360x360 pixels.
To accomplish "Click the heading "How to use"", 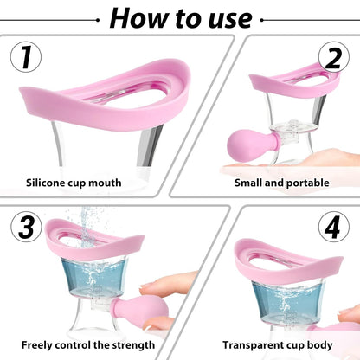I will (x=181, y=16).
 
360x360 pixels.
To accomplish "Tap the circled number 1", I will (x=27, y=58).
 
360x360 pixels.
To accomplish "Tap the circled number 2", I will (x=332, y=58).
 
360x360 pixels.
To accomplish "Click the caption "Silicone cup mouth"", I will (x=74, y=183).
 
